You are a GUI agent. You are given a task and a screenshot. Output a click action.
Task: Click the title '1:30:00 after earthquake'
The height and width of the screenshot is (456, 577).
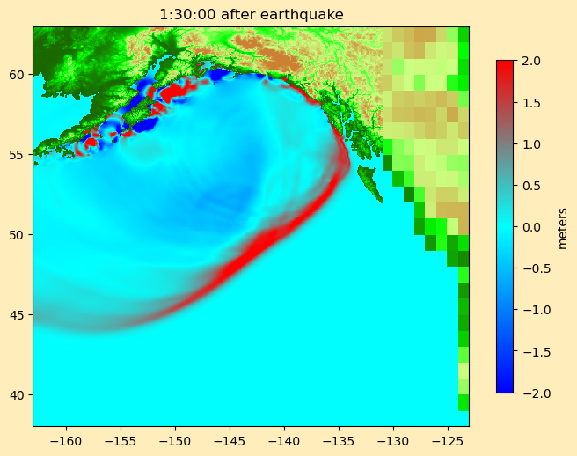click(x=251, y=14)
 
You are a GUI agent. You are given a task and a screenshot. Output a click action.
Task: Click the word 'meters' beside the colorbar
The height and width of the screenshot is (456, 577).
click(x=563, y=228)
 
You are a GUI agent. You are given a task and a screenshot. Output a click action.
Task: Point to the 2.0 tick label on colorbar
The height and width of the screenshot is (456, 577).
click(x=530, y=61)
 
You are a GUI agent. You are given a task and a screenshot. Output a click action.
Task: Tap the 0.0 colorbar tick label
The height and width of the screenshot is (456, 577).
click(x=530, y=227)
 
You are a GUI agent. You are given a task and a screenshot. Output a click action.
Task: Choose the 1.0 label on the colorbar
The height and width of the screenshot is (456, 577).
click(x=530, y=143)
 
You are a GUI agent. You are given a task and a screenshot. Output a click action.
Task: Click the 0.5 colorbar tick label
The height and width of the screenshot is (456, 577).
click(x=530, y=186)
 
